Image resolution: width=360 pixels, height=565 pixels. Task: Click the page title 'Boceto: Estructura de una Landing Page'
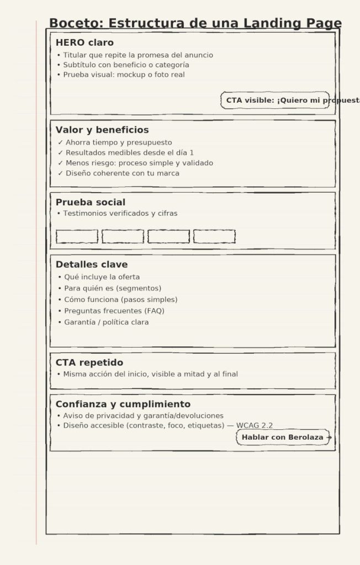(x=195, y=23)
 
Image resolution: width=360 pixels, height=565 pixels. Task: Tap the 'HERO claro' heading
(x=84, y=42)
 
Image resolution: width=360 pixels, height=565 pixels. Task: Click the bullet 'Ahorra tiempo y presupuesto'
(x=118, y=142)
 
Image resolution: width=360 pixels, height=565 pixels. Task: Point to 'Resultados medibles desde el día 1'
(x=129, y=153)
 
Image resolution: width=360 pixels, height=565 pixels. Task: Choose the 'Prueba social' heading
(x=91, y=202)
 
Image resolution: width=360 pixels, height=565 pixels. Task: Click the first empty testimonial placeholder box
(x=77, y=237)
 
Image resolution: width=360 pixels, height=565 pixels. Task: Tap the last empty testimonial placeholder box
(x=214, y=237)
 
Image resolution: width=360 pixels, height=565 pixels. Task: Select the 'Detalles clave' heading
(x=92, y=265)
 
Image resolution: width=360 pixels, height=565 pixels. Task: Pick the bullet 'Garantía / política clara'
(x=106, y=322)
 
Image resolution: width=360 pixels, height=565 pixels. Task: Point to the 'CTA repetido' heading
(x=89, y=363)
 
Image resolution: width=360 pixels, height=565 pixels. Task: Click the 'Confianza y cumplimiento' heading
(x=123, y=404)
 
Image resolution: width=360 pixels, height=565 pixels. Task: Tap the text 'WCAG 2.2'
(x=255, y=425)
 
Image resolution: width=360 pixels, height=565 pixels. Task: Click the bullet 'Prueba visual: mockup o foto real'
(x=124, y=74)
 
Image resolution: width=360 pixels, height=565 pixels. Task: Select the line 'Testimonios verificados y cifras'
(x=120, y=214)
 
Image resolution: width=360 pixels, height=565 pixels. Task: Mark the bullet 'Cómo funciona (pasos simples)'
(x=120, y=300)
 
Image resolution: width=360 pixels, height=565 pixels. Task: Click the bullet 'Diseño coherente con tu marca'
(x=122, y=173)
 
